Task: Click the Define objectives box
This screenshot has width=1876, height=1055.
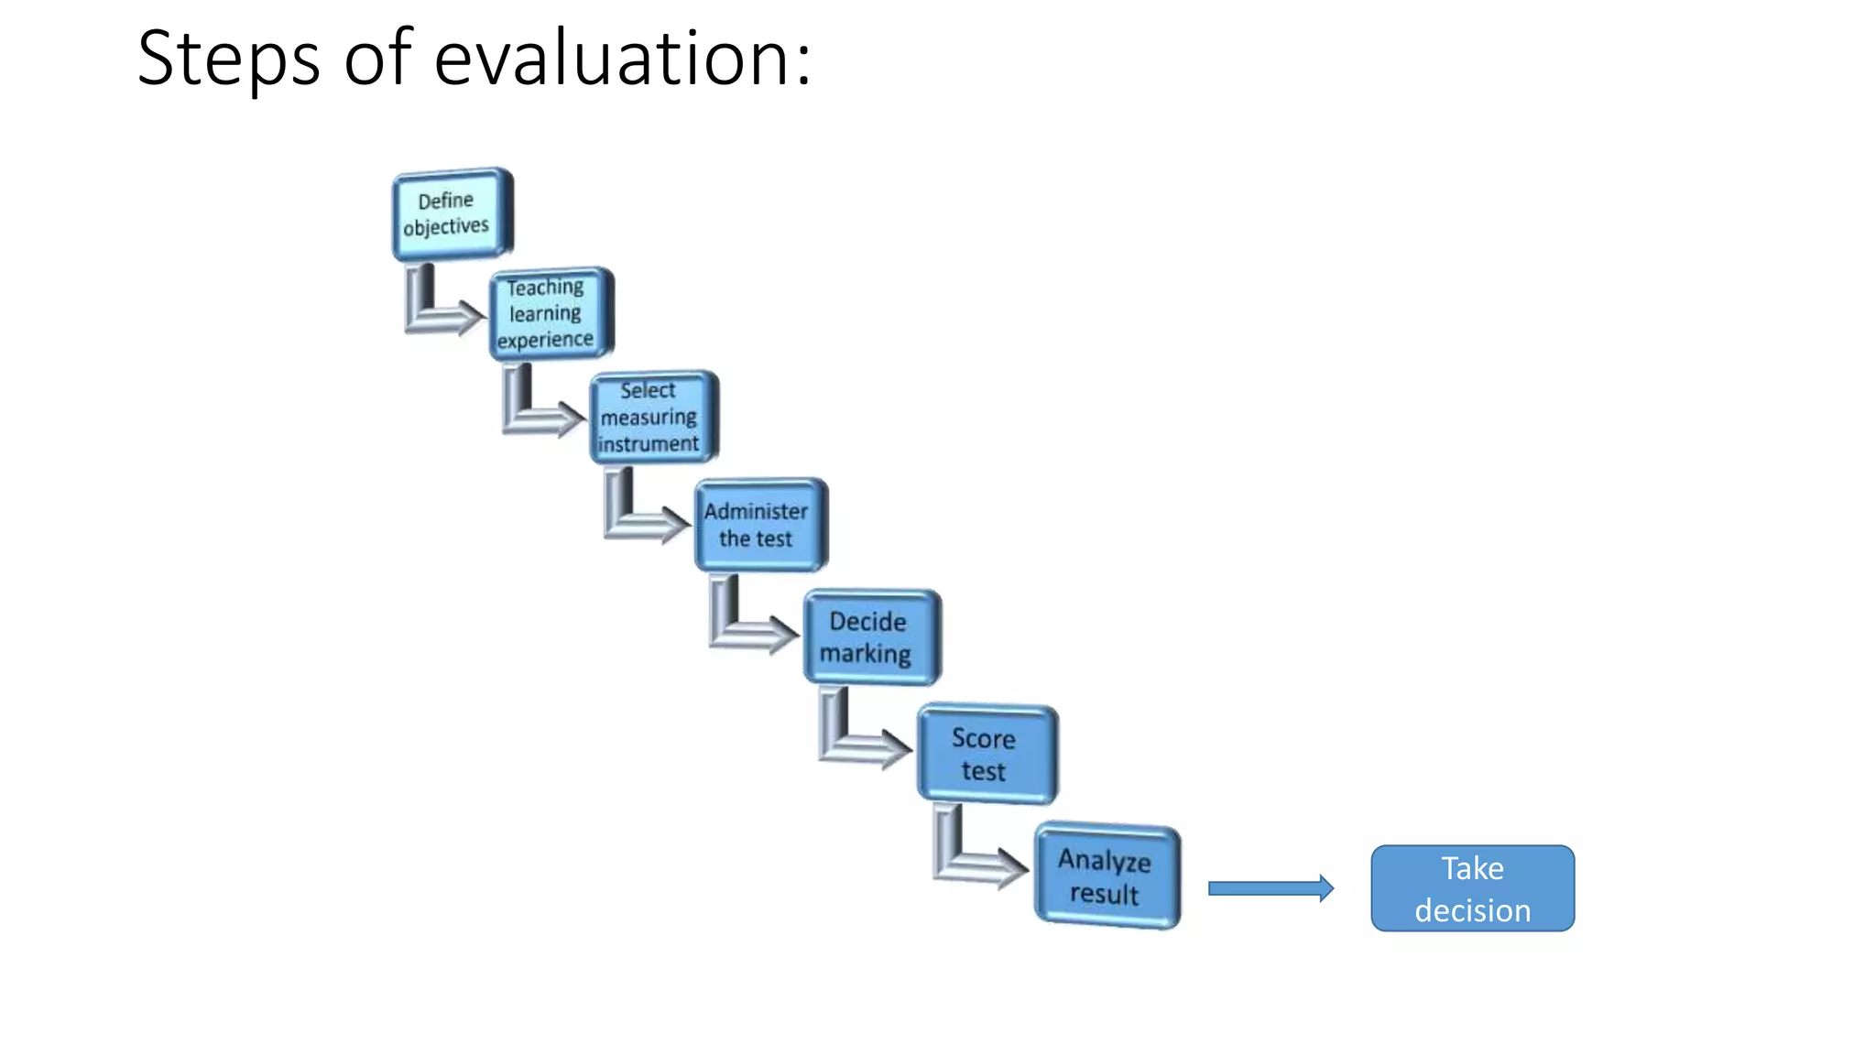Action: [451, 214]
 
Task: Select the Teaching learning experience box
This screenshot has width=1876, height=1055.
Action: [550, 313]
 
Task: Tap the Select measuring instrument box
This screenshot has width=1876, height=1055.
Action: [652, 417]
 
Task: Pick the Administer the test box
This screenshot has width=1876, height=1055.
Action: [759, 525]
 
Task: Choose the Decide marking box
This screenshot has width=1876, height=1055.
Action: [870, 637]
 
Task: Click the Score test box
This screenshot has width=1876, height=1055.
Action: [987, 754]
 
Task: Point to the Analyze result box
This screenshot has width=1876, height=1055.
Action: [1107, 876]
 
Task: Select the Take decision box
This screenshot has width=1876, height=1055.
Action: [1472, 888]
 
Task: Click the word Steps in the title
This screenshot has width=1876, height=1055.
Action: [228, 60]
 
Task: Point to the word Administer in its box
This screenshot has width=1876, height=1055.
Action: [756, 511]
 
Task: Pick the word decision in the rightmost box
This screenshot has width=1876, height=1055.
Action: [1472, 910]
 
